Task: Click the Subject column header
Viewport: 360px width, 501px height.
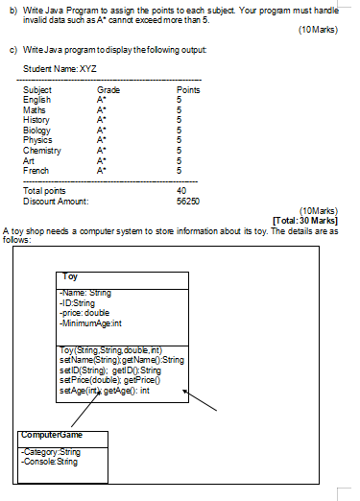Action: (37, 88)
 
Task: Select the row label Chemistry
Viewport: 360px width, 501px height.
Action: (42, 150)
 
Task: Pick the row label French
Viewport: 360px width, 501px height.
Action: (36, 168)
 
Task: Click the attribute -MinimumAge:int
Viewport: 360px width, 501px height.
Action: (92, 323)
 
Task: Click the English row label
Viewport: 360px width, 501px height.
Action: (36, 97)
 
